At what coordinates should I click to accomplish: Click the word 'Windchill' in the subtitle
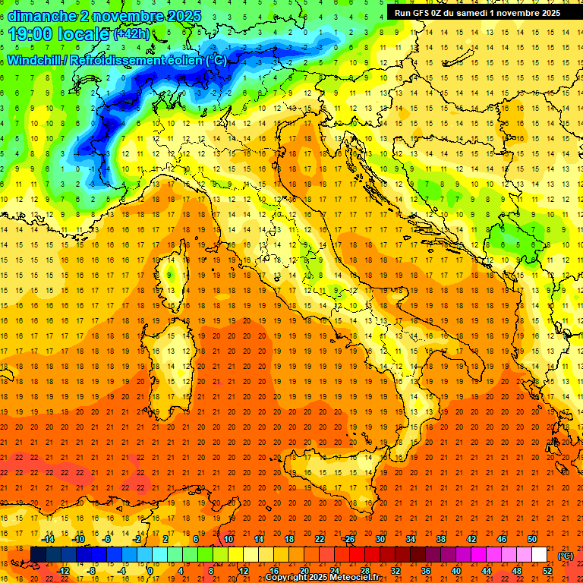(33, 60)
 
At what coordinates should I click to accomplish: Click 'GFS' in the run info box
(424, 12)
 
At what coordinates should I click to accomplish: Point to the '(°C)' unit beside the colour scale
(565, 555)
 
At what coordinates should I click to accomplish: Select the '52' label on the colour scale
(547, 570)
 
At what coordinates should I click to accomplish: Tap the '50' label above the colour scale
(531, 539)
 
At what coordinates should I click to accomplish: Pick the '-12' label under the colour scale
(63, 570)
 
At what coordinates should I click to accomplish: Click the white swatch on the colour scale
(539, 555)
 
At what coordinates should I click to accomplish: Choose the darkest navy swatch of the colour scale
(38, 555)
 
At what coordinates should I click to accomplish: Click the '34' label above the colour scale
(410, 539)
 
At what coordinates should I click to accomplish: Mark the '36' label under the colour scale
(426, 570)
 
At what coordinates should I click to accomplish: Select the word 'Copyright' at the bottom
(285, 578)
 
